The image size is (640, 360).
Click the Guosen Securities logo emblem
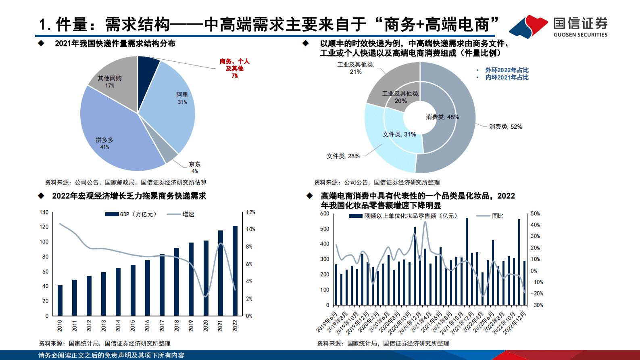tap(528, 27)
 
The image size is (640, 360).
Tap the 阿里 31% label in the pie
tap(182, 98)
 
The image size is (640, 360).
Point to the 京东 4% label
tap(194, 167)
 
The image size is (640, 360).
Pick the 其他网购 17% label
tap(110, 82)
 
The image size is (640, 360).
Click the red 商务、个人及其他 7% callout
tap(234, 68)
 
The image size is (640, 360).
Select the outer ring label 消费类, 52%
tap(505, 127)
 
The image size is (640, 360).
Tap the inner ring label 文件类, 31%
tap(399, 134)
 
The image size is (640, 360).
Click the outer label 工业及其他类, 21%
tap(356, 68)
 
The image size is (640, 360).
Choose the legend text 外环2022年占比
tap(507, 70)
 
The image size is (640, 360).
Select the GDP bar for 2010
tap(60, 300)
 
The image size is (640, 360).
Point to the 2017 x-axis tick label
tap(162, 326)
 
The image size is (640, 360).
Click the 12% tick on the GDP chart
tap(250, 212)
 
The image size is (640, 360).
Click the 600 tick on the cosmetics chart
tap(325, 213)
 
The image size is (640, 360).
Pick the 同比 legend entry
tap(497, 216)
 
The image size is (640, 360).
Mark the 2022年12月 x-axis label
tap(516, 322)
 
